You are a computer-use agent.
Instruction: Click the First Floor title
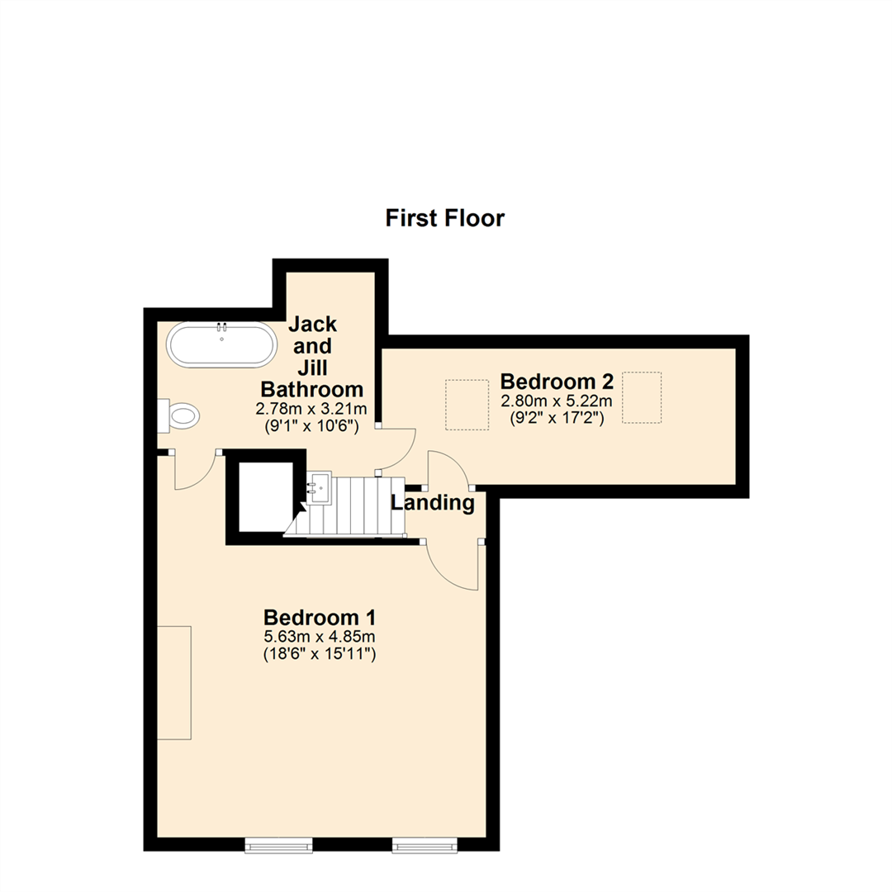[444, 218]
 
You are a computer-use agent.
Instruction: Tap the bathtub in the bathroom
[221, 344]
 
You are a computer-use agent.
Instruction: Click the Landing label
[433, 502]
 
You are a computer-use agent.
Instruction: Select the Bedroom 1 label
[320, 617]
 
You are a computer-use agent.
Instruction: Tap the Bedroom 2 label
[557, 382]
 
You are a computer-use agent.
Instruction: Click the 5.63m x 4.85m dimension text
[320, 637]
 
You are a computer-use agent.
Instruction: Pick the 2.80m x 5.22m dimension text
[557, 401]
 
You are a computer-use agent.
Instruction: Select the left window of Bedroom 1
[279, 843]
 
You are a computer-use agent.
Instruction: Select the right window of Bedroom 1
[425, 843]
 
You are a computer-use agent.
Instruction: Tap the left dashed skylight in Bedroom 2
[467, 405]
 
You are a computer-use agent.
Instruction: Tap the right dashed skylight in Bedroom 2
[642, 397]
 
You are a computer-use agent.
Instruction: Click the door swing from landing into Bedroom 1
[454, 566]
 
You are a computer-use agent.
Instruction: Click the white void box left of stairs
[265, 497]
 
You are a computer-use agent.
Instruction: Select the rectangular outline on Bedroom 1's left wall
[174, 682]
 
